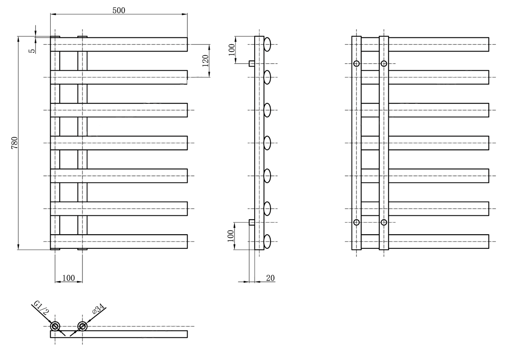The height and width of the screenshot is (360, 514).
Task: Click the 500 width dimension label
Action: pos(119,10)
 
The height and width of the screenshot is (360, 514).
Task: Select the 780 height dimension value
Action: pos(15,143)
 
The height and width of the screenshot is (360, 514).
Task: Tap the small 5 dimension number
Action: pos(32,51)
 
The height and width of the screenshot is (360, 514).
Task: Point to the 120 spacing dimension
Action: pos(205,61)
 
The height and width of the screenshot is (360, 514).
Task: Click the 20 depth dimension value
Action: pos(270,278)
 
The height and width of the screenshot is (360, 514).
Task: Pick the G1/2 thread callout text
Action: pos(41,308)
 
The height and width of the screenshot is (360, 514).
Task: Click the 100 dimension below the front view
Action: pos(69,278)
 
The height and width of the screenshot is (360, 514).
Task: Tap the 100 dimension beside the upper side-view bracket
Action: pos(232,49)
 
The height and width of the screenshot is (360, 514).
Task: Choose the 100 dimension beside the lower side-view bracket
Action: pos(231,236)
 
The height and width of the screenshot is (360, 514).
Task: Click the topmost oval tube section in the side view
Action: pos(267,45)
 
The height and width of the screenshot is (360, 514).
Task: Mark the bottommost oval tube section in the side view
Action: pos(267,242)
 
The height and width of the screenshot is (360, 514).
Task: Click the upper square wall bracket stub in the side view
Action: pos(252,63)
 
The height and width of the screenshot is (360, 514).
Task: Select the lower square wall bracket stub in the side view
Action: pos(252,222)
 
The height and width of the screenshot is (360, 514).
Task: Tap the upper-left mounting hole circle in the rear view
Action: pos(356,64)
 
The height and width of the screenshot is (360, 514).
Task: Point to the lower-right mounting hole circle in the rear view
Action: pos(384,222)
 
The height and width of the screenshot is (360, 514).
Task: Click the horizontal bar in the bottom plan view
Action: pos(119,334)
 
